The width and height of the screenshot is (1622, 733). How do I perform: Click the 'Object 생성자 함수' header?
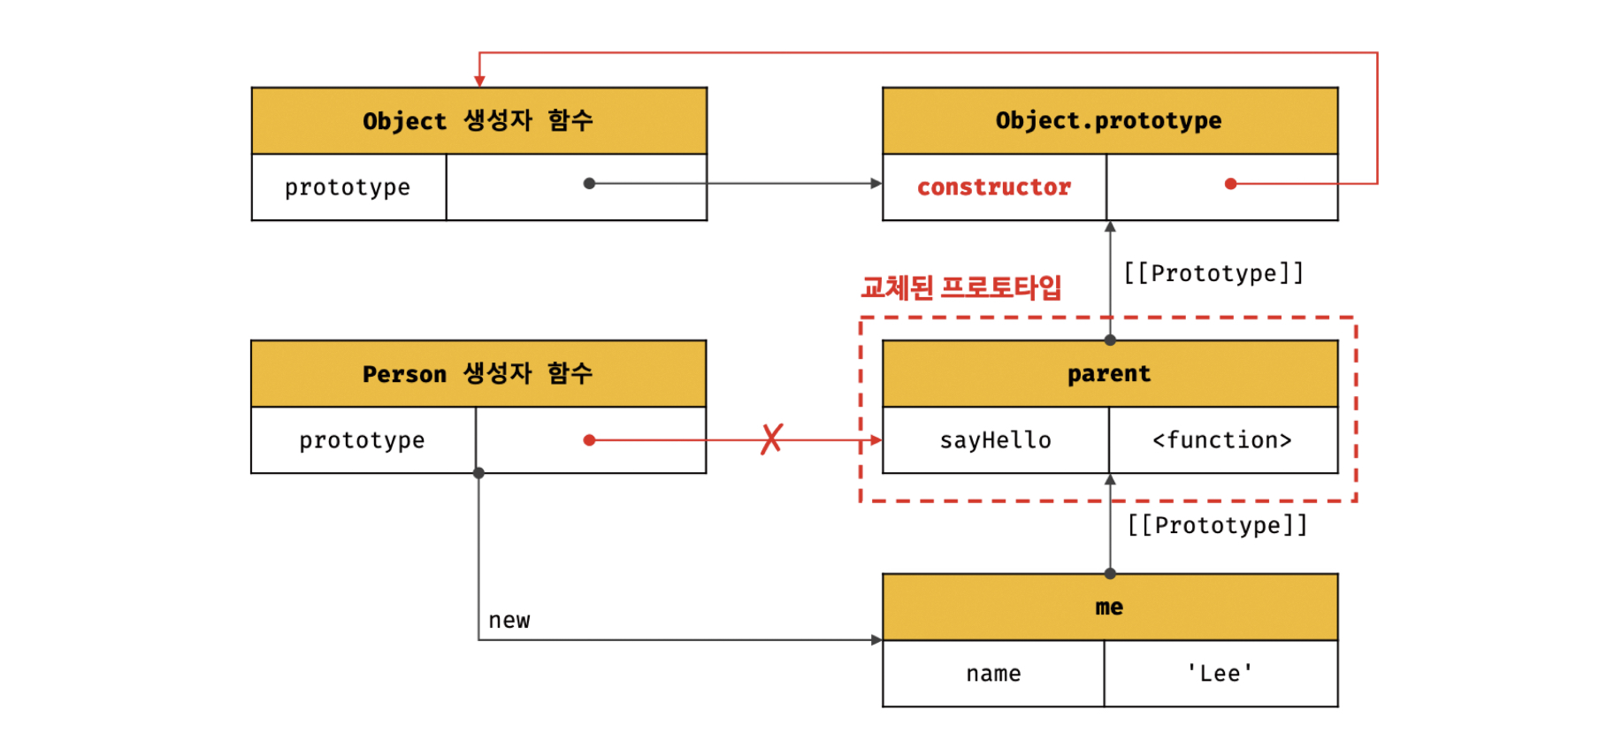point(478,120)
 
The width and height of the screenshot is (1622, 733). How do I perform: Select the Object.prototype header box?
point(1109,120)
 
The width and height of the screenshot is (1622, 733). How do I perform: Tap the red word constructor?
point(993,187)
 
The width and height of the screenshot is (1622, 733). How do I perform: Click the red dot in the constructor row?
point(1230,184)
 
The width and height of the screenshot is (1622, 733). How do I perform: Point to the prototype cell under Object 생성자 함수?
point(348,187)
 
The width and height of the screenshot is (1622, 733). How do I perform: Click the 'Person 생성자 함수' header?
point(478,373)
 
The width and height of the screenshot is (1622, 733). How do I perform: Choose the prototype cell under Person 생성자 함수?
point(362,440)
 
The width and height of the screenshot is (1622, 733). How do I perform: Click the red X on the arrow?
point(771,439)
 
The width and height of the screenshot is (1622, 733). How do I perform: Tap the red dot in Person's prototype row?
point(589,439)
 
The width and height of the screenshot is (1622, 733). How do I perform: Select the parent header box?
point(1109,373)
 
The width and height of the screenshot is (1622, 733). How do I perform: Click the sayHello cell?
point(995,440)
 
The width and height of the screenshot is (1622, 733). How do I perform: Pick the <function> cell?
point(1222,440)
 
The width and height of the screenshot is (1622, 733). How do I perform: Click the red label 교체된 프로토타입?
point(960,287)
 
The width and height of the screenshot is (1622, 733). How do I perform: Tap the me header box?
point(1109,607)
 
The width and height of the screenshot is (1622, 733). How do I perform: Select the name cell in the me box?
point(993,674)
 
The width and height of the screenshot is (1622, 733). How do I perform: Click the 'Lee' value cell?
point(1220,674)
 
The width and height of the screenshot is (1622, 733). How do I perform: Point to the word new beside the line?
point(509,621)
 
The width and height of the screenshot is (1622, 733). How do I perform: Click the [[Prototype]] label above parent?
point(1213,273)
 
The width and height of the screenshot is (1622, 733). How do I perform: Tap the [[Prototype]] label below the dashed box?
point(1217,525)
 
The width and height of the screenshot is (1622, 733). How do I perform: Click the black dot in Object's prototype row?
point(589,184)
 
